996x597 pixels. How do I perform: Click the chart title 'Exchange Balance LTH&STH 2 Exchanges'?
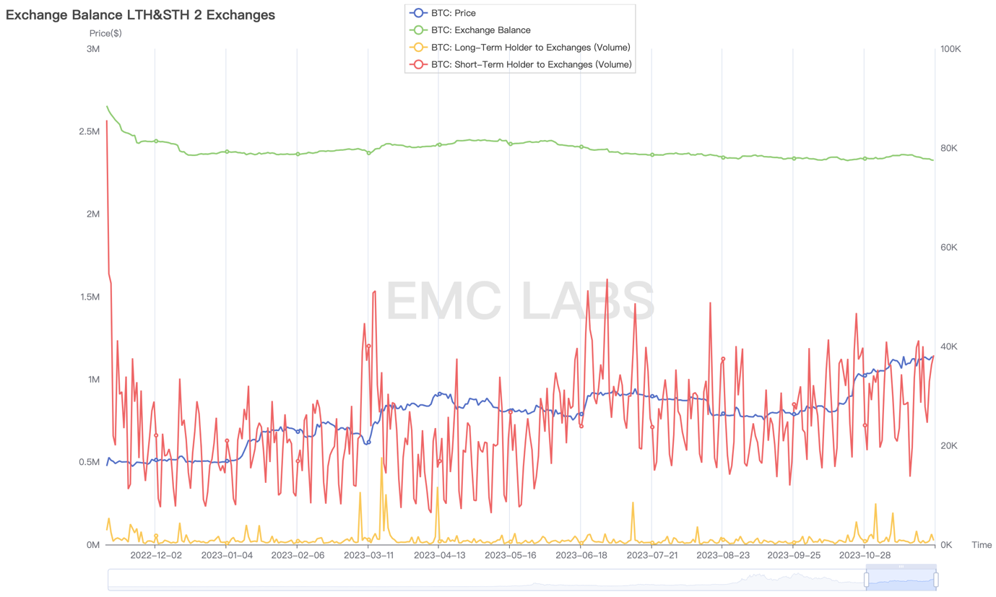tap(140, 14)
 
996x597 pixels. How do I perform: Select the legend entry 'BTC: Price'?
tap(453, 13)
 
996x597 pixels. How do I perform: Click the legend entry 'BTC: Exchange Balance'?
tap(480, 30)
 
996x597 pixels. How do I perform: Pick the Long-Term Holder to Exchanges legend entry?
tap(530, 48)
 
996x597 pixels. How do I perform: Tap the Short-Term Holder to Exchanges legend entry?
tap(531, 65)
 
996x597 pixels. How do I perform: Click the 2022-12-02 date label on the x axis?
tap(156, 556)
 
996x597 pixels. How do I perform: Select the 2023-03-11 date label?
tap(368, 556)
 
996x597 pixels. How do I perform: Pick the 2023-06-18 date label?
tap(581, 556)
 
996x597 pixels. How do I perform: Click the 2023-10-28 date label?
tap(865, 556)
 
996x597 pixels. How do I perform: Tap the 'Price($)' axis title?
tap(105, 33)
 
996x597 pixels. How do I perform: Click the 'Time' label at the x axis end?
tap(982, 545)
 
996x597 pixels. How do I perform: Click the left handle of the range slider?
tap(866, 579)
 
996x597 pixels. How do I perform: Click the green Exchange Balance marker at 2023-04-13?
tap(439, 144)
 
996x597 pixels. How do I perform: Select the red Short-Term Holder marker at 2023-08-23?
tap(723, 359)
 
